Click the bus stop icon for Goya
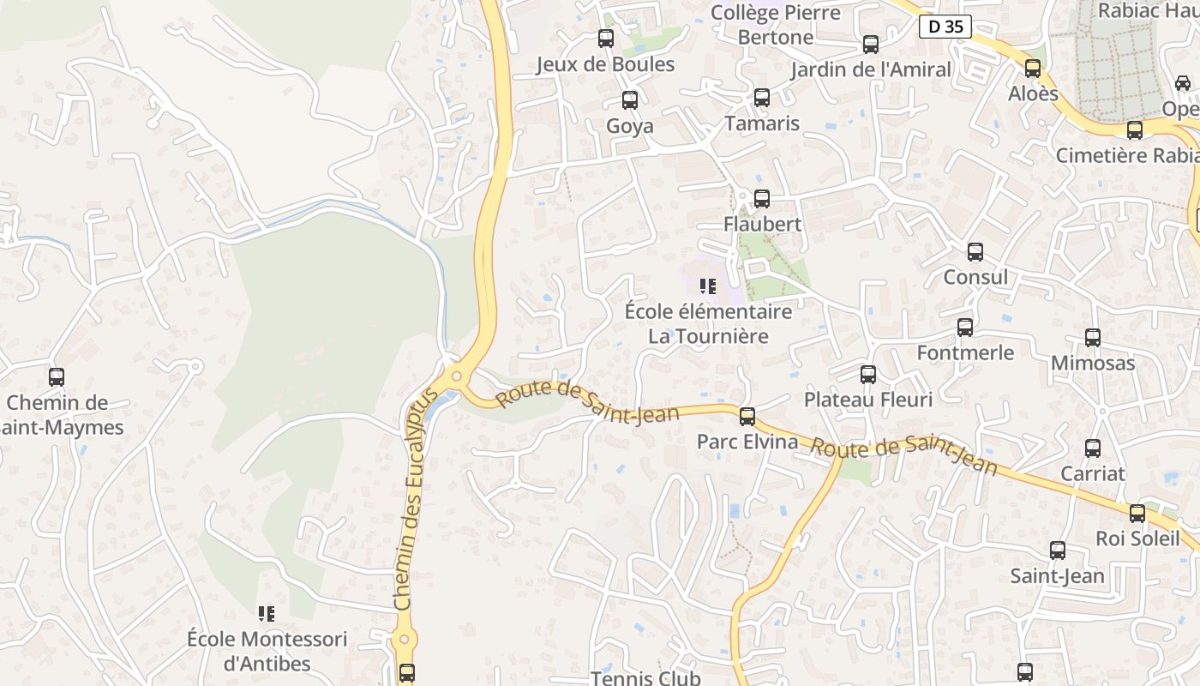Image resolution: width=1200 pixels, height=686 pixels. pyautogui.click(x=630, y=100)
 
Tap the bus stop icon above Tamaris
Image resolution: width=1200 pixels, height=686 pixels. pyautogui.click(x=761, y=98)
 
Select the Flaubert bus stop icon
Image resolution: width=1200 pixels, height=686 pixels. pyautogui.click(x=761, y=199)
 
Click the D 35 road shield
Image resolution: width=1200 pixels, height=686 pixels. pyautogui.click(x=945, y=27)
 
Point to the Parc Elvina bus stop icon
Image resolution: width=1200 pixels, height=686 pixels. pyautogui.click(x=747, y=417)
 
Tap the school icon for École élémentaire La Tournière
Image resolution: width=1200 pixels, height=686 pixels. pyautogui.click(x=708, y=286)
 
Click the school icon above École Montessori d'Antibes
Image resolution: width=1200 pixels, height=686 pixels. pyautogui.click(x=267, y=614)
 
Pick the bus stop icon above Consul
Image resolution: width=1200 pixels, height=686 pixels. pyautogui.click(x=975, y=252)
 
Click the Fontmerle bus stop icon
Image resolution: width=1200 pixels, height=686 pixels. pyautogui.click(x=965, y=328)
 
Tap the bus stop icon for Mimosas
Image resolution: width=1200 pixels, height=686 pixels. pyautogui.click(x=1093, y=338)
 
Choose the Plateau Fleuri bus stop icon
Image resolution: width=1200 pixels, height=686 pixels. pyautogui.click(x=868, y=375)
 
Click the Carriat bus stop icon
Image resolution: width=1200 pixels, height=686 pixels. pyautogui.click(x=1093, y=448)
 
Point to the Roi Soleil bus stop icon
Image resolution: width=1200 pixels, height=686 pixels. pyautogui.click(x=1137, y=514)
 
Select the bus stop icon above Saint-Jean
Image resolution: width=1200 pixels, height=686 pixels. pyautogui.click(x=1058, y=551)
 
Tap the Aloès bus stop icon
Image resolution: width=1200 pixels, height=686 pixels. pyautogui.click(x=1033, y=69)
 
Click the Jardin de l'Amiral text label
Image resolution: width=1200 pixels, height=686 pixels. pyautogui.click(x=871, y=69)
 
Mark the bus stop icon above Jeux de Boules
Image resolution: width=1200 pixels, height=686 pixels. pyautogui.click(x=606, y=39)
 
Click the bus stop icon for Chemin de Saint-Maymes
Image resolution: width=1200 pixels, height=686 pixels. pyautogui.click(x=57, y=377)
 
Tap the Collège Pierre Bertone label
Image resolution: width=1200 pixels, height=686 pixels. pyautogui.click(x=776, y=25)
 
